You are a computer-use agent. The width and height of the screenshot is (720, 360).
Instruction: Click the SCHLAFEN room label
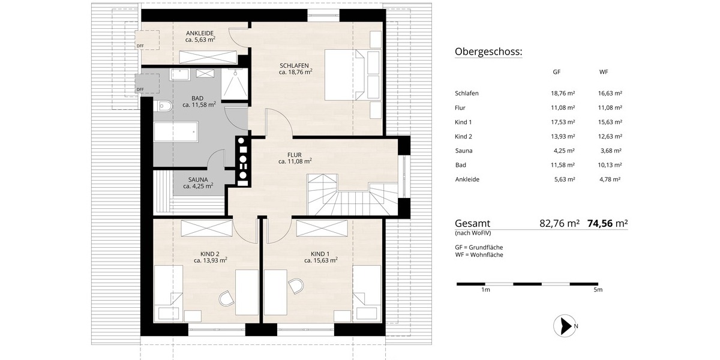294,65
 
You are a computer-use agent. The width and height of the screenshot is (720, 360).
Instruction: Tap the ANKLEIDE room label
200,33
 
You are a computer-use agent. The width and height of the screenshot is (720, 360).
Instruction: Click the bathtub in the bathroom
176,131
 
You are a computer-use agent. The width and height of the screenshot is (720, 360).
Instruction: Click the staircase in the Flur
348,195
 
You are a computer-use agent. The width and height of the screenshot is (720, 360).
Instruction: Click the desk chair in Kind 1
296,286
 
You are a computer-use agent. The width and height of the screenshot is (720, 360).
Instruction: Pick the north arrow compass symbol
564,326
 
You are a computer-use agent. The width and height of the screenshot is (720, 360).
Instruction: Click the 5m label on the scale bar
598,290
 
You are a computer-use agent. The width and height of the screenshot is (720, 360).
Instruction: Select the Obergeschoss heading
488,52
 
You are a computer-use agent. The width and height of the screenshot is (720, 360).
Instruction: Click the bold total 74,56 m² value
608,223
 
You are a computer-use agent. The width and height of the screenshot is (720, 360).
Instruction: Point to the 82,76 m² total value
560,223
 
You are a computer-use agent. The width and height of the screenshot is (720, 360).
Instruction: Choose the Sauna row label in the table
465,151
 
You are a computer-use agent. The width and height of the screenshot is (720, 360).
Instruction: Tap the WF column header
604,72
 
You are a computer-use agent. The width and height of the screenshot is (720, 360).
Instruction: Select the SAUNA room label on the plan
198,179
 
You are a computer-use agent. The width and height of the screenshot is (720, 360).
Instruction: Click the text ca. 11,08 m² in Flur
295,161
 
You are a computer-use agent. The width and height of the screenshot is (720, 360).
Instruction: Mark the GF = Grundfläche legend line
479,247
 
